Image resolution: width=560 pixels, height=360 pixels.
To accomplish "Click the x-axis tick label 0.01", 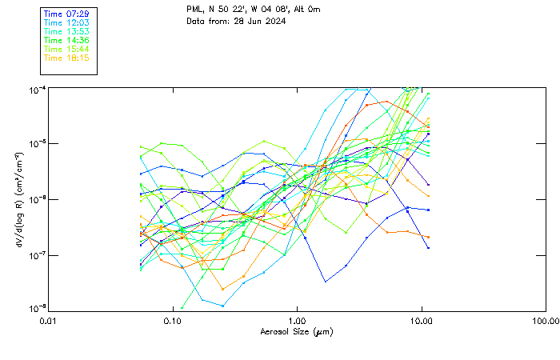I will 48,322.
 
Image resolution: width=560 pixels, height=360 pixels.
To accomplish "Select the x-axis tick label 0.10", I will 172,322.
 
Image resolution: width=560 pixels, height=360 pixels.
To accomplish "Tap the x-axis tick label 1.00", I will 297,322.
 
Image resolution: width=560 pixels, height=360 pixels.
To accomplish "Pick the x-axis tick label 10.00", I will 421,322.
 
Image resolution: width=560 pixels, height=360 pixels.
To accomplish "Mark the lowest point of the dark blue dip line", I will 325,281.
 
